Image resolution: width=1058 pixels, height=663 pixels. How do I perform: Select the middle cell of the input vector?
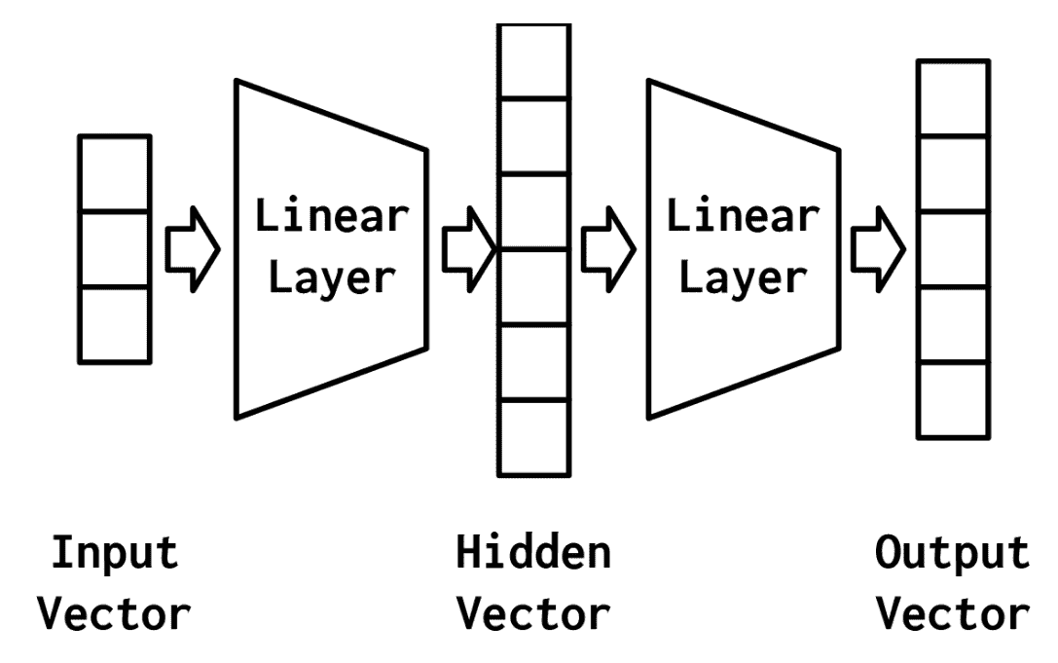point(114,249)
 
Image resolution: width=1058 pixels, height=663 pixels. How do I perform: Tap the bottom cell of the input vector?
point(114,324)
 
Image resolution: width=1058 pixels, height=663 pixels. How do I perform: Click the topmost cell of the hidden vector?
point(532,60)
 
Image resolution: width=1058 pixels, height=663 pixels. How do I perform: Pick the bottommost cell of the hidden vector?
point(532,437)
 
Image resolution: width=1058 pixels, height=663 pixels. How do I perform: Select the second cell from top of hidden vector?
point(532,135)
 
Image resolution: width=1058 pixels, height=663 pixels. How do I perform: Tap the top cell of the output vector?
point(954,97)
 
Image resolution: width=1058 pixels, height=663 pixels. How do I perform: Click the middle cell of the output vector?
point(954,249)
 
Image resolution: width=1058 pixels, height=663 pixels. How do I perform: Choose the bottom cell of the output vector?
point(954,400)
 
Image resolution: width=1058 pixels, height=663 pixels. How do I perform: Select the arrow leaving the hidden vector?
point(606,249)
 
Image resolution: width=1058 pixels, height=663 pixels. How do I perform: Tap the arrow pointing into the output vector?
point(877,249)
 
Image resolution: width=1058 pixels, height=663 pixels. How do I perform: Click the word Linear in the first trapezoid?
point(331,216)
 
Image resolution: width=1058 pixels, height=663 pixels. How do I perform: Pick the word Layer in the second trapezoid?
point(743,278)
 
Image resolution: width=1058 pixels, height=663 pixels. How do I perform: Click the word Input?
point(115,554)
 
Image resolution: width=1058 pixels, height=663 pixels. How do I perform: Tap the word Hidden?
point(533,554)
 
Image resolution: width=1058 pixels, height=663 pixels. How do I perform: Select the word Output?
point(951,554)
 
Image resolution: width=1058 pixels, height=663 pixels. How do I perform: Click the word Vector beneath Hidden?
point(533,614)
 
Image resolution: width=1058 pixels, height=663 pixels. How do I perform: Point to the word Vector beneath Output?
point(951,614)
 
